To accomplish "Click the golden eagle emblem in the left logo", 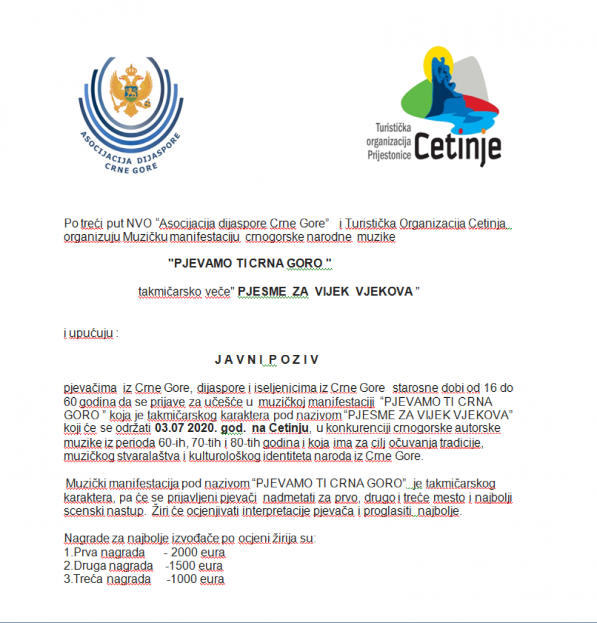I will [x=130, y=90].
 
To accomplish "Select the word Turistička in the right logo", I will [x=393, y=128].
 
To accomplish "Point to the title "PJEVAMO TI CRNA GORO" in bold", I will [x=250, y=263].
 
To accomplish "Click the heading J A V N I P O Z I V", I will [x=267, y=360].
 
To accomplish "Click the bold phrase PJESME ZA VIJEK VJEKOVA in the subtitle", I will [x=326, y=291].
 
